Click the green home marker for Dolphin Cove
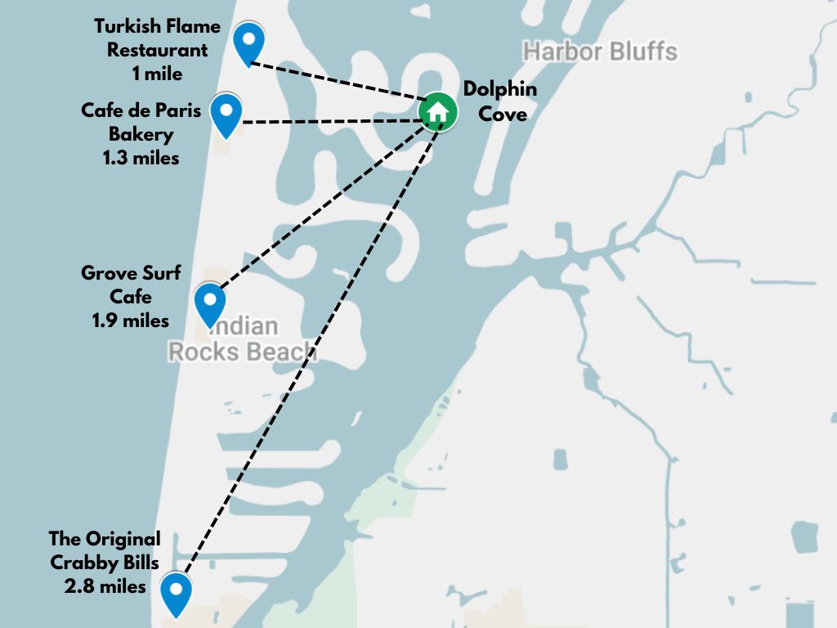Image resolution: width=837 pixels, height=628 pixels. (x=438, y=112)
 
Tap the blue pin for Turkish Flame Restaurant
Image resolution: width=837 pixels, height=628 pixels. (x=248, y=42)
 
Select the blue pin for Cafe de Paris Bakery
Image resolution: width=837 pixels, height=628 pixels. (x=226, y=113)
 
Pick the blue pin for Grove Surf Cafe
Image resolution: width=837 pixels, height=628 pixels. (x=210, y=303)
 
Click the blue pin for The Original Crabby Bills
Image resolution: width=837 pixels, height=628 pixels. (x=176, y=592)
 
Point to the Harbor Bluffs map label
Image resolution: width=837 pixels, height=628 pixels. (x=600, y=52)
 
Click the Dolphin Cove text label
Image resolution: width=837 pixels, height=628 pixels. (x=500, y=101)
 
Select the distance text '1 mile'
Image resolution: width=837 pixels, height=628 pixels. (x=157, y=74)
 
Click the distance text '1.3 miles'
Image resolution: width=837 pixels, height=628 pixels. (x=141, y=158)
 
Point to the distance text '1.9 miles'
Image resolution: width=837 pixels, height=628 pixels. (x=131, y=321)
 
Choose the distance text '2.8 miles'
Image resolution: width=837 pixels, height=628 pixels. (x=105, y=586)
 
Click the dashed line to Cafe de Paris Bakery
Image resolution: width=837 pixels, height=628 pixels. (x=327, y=122)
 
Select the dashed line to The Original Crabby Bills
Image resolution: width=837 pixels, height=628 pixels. (x=311, y=343)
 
